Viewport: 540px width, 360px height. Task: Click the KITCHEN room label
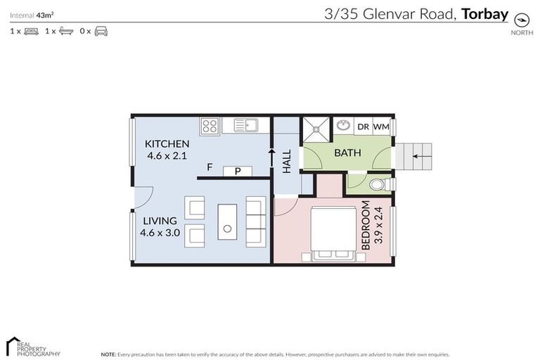[x=167, y=144]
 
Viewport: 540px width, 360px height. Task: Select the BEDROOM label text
[x=365, y=225]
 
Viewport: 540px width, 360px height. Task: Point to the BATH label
[x=347, y=153]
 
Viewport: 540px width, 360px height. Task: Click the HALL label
[x=287, y=162]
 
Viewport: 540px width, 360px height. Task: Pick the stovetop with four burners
[x=210, y=126]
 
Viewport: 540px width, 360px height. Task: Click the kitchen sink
[x=245, y=126]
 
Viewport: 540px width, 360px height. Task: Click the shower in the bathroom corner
[x=316, y=129]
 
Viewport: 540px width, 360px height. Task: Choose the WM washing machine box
[x=381, y=127]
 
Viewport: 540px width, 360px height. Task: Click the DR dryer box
[x=363, y=127]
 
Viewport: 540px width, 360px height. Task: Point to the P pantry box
[x=238, y=171]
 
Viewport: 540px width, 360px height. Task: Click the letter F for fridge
[x=210, y=167]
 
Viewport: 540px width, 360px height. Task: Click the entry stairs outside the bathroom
[x=418, y=156]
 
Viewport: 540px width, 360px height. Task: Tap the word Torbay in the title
[x=484, y=13]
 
